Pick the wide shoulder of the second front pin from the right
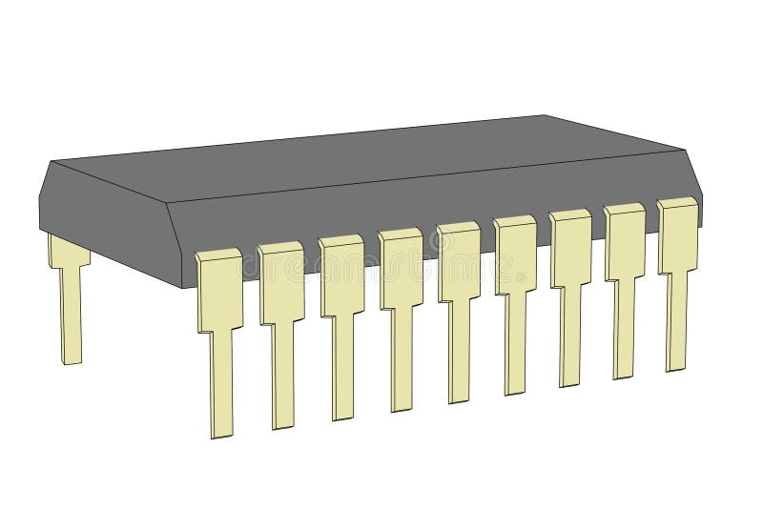625,242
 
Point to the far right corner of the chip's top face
686,149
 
